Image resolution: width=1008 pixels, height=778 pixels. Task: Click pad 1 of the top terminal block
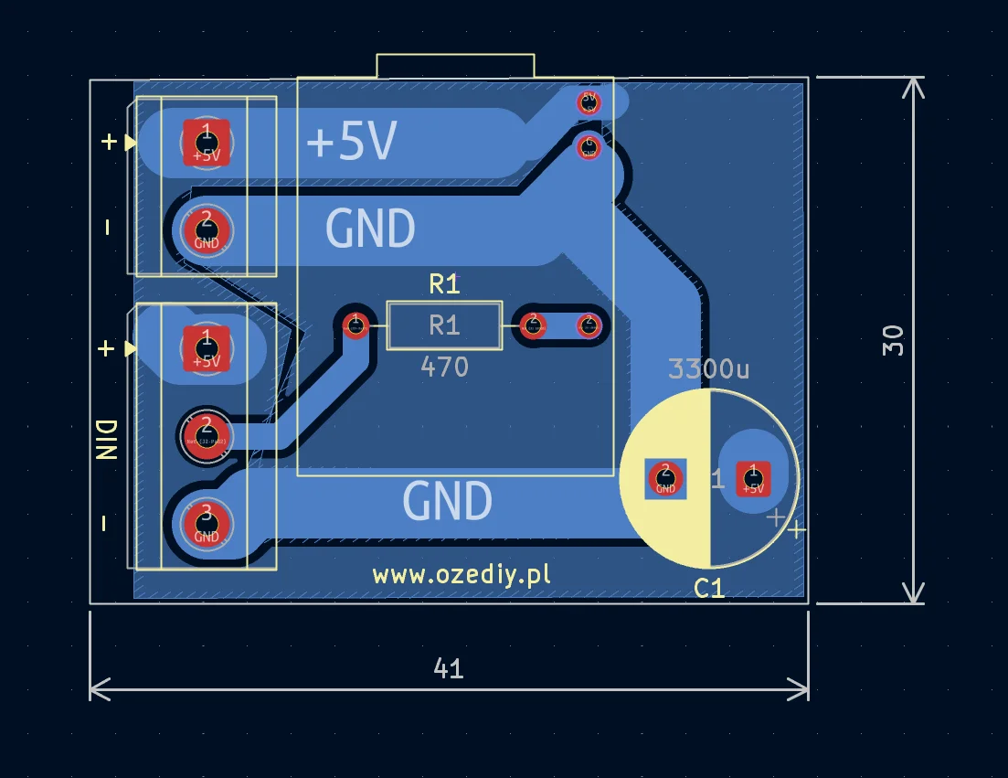207,142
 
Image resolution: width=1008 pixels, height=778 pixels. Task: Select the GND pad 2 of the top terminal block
207,230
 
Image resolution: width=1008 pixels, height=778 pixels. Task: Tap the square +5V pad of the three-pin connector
207,348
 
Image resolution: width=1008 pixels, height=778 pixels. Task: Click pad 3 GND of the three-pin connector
207,524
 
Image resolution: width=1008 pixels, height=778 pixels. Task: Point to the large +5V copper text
352,143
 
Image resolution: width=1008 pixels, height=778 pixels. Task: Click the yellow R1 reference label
444,284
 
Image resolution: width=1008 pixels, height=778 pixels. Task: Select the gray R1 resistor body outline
444,325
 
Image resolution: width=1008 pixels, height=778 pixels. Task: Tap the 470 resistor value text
444,368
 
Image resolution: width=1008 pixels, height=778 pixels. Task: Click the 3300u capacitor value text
708,369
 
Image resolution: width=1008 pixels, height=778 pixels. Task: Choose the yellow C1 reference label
709,589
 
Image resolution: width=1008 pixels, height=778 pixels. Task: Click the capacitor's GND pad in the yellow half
665,477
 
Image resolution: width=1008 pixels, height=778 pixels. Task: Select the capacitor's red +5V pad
753,477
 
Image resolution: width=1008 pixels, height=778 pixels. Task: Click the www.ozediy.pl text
462,575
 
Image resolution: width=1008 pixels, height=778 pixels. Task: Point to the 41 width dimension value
448,669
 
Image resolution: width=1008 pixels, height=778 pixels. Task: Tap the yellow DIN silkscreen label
106,441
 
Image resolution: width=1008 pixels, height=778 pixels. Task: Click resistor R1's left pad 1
355,324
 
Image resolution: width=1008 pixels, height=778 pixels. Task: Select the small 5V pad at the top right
589,101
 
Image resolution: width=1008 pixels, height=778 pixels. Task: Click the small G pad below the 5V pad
589,145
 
